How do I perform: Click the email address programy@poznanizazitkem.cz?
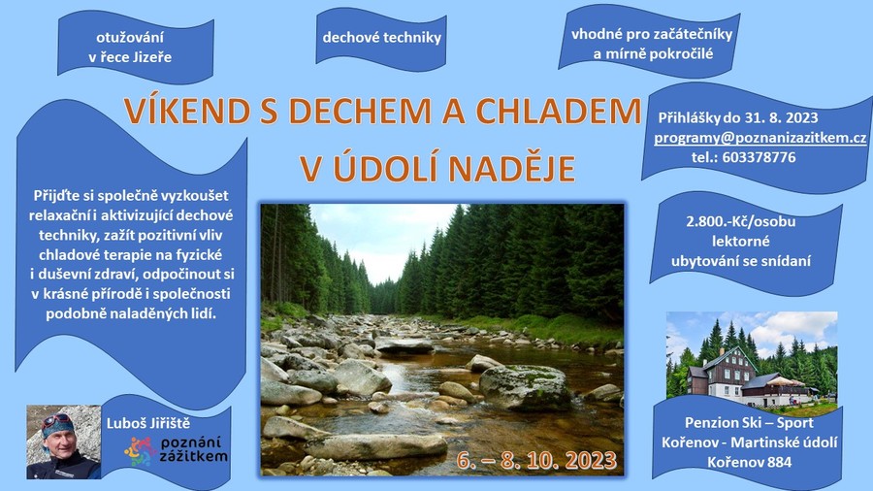pyautogui.click(x=760, y=138)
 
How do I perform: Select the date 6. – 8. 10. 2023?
pyautogui.click(x=536, y=460)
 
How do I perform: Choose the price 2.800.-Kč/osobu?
pyautogui.click(x=740, y=221)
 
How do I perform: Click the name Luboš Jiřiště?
pyautogui.click(x=148, y=424)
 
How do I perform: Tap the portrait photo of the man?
pyautogui.click(x=63, y=442)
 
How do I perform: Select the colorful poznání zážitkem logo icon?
pyautogui.click(x=140, y=451)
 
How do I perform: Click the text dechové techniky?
pyautogui.click(x=382, y=37)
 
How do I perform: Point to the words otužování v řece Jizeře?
pyautogui.click(x=130, y=48)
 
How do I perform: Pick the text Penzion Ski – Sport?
pyautogui.click(x=749, y=422)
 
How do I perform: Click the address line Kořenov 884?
pyautogui.click(x=750, y=462)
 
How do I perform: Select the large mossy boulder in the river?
pyautogui.click(x=525, y=387)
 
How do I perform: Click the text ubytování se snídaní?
pyautogui.click(x=741, y=261)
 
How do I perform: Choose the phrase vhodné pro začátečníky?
pyautogui.click(x=652, y=35)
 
